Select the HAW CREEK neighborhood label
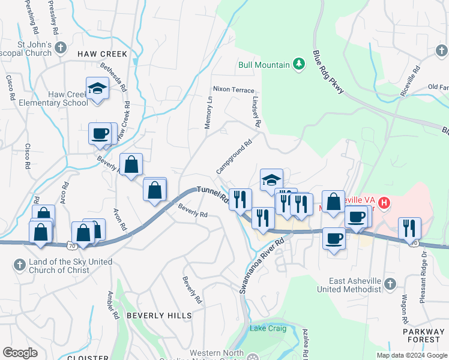[x=102, y=54]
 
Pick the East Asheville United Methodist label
[x=355, y=285]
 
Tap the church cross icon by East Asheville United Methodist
[x=390, y=283]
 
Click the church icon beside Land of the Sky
[x=19, y=264]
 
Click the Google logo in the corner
[x=20, y=353]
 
